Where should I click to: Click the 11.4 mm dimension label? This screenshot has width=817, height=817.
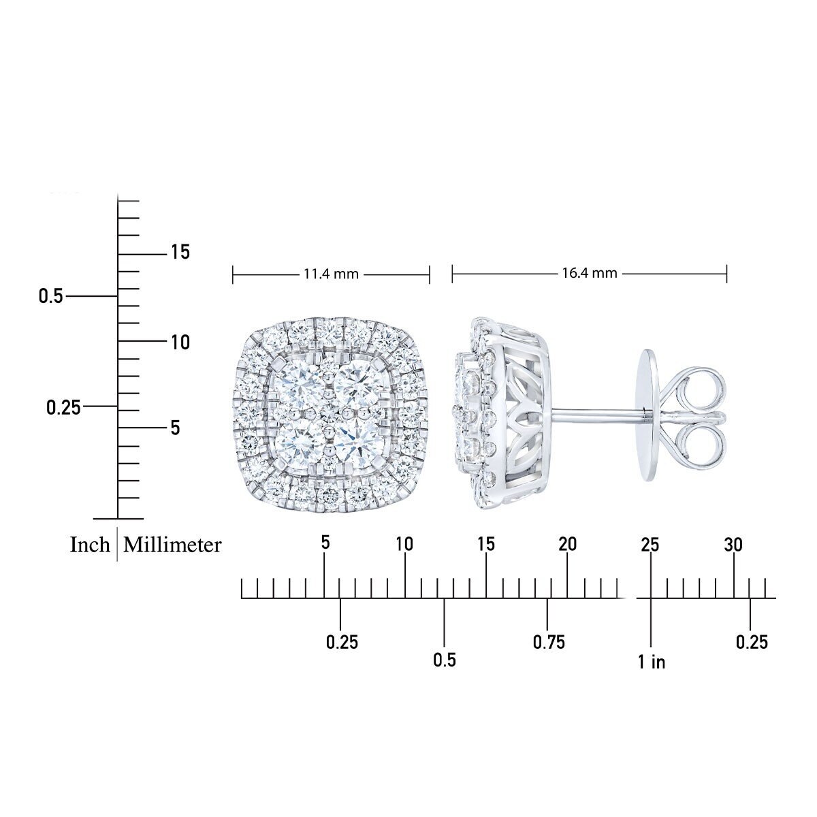point(331,274)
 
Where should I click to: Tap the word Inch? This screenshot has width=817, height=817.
point(90,545)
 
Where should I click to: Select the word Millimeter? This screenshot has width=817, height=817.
point(172,545)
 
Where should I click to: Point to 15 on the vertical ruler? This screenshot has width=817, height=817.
point(180,253)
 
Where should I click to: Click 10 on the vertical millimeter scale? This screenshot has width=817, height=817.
point(180,342)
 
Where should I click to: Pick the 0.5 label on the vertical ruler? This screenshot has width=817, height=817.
point(50,296)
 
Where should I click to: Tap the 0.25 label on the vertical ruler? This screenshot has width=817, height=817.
point(63,407)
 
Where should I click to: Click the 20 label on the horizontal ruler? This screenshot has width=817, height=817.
point(567,544)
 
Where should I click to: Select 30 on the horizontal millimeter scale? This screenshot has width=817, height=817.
point(733,545)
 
